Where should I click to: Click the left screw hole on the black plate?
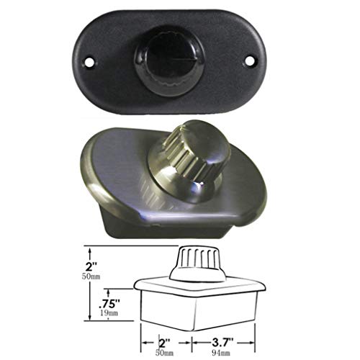point(89,63)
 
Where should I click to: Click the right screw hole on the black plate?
point(249,60)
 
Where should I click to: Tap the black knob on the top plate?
point(169,64)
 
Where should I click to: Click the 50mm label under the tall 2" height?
point(91,276)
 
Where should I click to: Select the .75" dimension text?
point(109,304)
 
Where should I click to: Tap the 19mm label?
point(109,313)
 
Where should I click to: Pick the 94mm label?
point(221,353)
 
